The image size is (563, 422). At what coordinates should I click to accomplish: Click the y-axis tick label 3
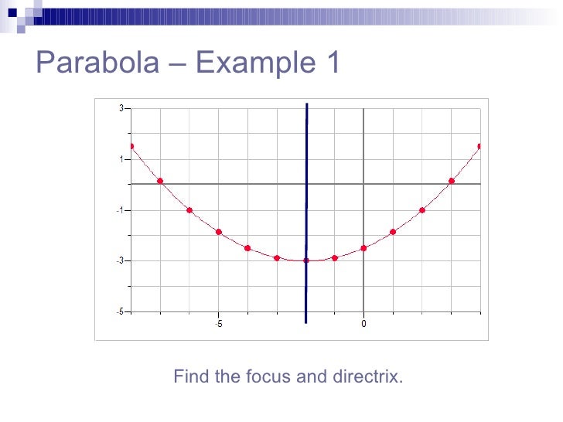coord(121,108)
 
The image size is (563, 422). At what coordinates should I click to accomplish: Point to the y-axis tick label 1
coord(121,159)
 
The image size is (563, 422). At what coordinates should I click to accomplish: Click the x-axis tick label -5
coord(218,324)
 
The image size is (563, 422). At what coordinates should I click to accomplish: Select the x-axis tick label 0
coord(363,324)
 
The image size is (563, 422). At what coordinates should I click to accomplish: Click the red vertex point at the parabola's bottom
coord(306,260)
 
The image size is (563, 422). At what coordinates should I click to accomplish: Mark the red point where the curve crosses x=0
coord(363,248)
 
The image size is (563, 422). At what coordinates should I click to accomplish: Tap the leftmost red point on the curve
coord(131,146)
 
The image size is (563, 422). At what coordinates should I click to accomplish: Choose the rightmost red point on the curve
coord(480,146)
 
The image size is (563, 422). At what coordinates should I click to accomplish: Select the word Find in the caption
coord(190,377)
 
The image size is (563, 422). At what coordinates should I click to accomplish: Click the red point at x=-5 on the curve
coord(219,232)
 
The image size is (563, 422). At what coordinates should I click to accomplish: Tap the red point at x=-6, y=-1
coord(189,210)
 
